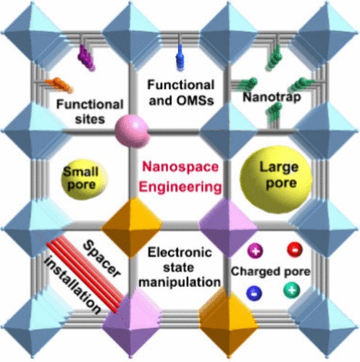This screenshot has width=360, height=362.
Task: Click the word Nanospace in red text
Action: [180, 167]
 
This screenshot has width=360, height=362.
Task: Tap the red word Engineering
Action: [180, 188]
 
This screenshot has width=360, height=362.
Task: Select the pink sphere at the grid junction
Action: [132, 131]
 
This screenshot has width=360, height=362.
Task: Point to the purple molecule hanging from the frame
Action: [86, 57]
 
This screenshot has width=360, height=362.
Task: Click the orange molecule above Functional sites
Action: [59, 85]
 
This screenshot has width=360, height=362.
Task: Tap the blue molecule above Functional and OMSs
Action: [180, 57]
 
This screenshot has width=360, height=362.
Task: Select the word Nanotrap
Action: [272, 97]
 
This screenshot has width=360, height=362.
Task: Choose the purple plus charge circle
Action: [256, 251]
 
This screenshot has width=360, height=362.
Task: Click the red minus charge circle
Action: [295, 249]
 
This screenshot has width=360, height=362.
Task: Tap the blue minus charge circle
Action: [254, 293]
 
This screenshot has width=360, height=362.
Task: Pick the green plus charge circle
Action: [292, 290]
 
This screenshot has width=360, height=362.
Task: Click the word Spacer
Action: [101, 259]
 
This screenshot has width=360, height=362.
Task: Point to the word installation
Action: [72, 285]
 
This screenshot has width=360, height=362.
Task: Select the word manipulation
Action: [180, 282]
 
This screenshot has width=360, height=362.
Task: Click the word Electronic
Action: [180, 253]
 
